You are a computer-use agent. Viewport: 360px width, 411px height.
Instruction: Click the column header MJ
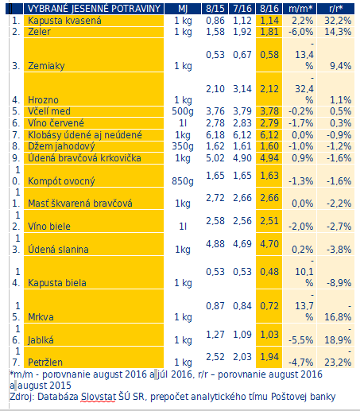pos(183,9)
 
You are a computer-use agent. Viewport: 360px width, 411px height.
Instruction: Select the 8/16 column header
pos(269,9)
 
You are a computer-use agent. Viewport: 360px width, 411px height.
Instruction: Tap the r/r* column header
pos(336,9)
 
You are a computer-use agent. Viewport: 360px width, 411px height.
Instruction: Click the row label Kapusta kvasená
pos(64,21)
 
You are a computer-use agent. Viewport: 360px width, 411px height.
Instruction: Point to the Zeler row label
pos(39,32)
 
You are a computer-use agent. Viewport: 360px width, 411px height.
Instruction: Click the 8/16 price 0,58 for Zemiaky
pos(269,55)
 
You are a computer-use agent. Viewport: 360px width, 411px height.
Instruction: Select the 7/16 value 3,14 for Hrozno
pos(242,89)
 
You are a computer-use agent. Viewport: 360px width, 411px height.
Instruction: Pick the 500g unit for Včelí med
pos(183,111)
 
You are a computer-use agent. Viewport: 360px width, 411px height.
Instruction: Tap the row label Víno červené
pos(56,123)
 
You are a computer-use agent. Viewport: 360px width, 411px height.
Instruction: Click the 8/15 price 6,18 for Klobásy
pos(215,135)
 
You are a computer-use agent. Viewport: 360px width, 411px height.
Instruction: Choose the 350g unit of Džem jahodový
pos(183,146)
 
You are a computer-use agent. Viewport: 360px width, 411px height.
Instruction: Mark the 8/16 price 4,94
pos(269,158)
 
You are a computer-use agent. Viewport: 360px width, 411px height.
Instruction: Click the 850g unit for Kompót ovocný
pos(183,181)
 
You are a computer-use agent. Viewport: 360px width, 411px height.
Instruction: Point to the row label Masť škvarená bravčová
pos(80,204)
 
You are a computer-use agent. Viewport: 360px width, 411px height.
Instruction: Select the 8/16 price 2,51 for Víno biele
pos(269,221)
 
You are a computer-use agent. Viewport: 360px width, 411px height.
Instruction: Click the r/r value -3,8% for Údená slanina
pos(339,250)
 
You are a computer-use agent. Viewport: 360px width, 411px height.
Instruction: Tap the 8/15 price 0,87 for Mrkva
pos(215,306)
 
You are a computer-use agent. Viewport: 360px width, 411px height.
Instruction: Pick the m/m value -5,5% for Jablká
pos(300,340)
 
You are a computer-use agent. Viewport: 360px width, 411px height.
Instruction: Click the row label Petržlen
pos(45,363)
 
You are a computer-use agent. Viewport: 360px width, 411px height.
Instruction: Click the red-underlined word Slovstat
pos(99,397)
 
